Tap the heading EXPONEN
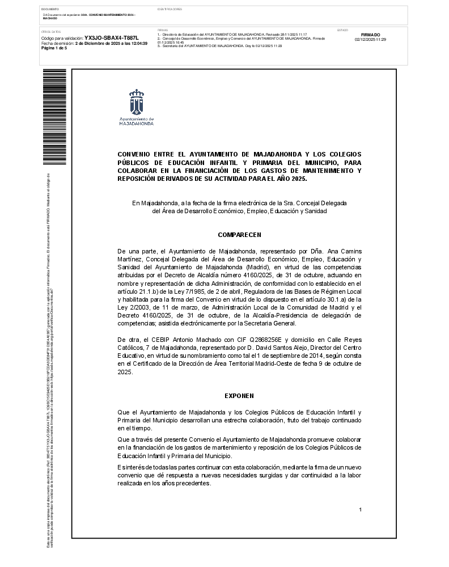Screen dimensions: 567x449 [239, 396]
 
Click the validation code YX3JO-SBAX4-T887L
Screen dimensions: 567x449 [111, 38]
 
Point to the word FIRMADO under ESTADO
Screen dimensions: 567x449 [370, 35]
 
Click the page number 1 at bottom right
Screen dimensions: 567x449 [360, 510]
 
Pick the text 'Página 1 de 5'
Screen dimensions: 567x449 [54, 48]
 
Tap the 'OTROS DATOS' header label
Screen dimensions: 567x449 [51, 32]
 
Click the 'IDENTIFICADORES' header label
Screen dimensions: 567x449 [170, 10]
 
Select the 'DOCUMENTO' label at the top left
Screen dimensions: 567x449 [50, 10]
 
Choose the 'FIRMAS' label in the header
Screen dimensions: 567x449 [163, 29]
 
